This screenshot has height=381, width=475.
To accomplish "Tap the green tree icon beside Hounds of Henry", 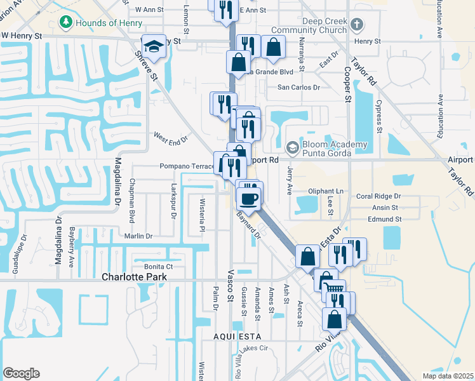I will point(65,23).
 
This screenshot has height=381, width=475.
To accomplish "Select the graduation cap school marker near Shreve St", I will point(153,46).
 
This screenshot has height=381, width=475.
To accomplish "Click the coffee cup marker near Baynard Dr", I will point(248,198).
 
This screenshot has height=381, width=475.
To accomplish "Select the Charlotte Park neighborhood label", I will point(135,277).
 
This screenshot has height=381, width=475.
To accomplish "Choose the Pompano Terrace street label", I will point(182,166).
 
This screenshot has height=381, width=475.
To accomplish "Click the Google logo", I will point(21,373).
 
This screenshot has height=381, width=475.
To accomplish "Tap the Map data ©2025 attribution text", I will point(448,376).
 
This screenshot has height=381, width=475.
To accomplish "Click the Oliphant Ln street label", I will point(325,191).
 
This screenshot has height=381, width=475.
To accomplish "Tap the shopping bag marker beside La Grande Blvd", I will point(239,62).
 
